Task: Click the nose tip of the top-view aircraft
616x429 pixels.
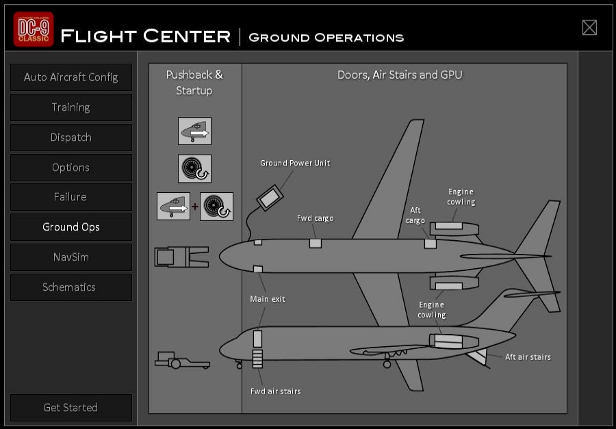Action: coord(219,256)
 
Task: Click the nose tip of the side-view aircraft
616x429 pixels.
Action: coord(219,349)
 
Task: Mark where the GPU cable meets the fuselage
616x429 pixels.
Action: coord(249,240)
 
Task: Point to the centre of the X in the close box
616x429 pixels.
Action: coord(589,27)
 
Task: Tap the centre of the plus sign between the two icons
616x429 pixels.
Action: coord(195,206)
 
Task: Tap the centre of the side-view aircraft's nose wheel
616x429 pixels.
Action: coord(239,366)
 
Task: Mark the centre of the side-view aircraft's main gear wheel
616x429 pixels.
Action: coord(387,364)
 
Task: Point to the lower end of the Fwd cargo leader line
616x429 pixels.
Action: coord(315,239)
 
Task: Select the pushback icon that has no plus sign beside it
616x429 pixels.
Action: coord(194,131)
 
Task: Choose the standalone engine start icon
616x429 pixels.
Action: coord(194,168)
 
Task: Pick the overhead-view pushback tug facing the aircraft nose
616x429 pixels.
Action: coord(181,257)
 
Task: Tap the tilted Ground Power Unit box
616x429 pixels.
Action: coord(270,198)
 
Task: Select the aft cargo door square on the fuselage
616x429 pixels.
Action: coord(431,244)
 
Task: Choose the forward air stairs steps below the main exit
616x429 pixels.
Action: coord(257,359)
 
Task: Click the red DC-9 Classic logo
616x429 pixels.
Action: coord(34,29)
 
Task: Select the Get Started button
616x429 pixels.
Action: coord(71,407)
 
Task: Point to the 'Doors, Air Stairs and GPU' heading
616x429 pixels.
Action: coord(400,75)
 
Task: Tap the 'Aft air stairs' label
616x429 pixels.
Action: coord(528,357)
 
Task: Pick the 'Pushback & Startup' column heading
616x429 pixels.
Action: coord(194,83)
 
